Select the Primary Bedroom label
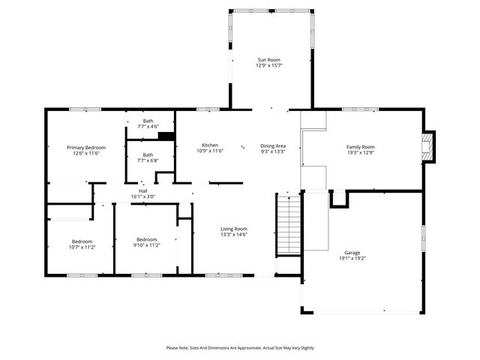point(86,148)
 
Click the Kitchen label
point(210,145)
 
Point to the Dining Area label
point(273,145)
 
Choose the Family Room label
point(360,147)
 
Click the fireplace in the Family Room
point(428,147)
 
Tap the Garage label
point(352,253)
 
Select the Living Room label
point(233,229)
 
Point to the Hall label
point(142,191)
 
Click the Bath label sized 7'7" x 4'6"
point(148,121)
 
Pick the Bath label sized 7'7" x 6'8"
point(148,155)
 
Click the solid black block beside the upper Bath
point(166,136)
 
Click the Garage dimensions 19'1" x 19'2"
point(352,259)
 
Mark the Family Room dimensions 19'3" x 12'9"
point(360,153)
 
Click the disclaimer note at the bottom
point(240,348)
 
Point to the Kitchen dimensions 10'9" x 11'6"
point(210,151)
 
